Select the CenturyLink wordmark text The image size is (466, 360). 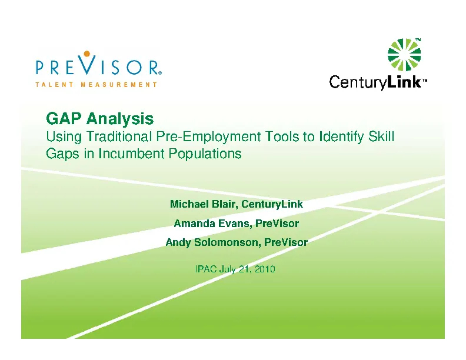tap(375, 83)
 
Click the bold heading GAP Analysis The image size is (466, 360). tap(100, 119)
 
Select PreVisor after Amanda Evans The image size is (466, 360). tap(277, 224)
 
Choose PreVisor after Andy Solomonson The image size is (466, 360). tap(286, 242)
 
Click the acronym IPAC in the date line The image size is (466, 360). tap(205, 269)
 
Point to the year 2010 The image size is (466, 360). tap(265, 269)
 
